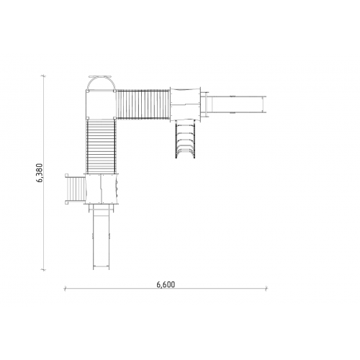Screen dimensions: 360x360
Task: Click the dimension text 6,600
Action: [166, 284]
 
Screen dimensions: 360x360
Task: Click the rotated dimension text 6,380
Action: [40, 173]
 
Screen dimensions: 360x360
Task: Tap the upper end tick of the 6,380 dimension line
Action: [43, 76]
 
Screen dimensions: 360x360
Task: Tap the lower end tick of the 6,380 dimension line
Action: [43, 270]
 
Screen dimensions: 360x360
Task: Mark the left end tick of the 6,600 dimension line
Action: [65, 288]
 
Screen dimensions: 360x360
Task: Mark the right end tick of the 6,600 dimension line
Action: [266, 288]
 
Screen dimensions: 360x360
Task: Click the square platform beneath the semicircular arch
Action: [101, 104]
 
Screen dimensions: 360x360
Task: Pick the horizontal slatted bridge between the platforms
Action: [143, 104]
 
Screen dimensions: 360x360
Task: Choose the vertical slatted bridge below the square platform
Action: [101, 146]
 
